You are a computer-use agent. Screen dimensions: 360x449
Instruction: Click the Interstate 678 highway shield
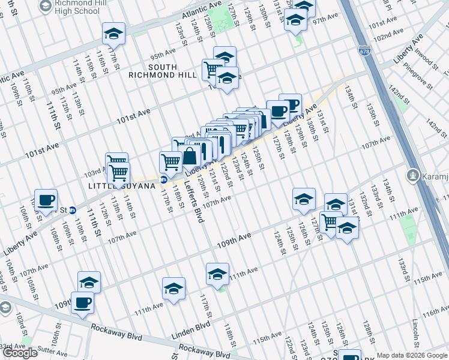pyautogui.click(x=364, y=51)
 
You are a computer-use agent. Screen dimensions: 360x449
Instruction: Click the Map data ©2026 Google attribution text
pyautogui.click(x=412, y=355)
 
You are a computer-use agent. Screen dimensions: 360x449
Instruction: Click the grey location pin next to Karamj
pyautogui.click(x=412, y=176)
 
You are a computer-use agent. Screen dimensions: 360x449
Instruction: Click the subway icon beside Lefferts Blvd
pyautogui.click(x=163, y=179)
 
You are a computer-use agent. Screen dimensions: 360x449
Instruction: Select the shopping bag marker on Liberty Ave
pyautogui.click(x=191, y=157)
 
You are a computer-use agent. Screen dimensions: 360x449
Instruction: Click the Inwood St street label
pyautogui.click(x=413, y=61)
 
